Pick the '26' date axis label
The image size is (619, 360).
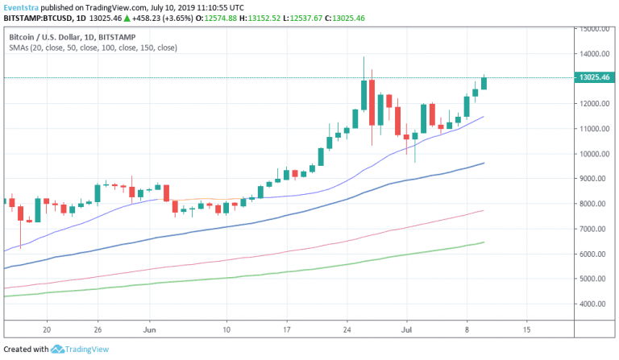tap(98, 329)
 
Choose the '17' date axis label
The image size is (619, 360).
tap(287, 329)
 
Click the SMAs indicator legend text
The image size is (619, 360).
tap(93, 48)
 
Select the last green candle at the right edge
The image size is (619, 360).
tap(484, 82)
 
